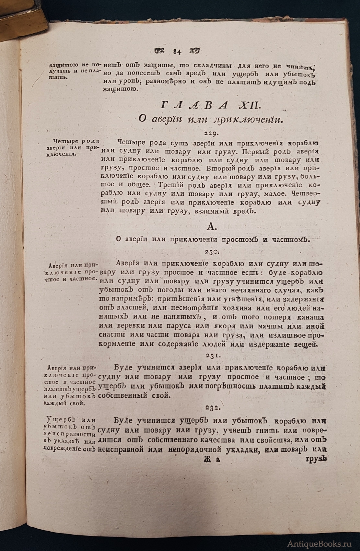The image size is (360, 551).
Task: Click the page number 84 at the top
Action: pyautogui.click(x=177, y=51)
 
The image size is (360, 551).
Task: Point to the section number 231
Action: pyautogui.click(x=213, y=356)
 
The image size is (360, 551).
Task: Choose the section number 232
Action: pyautogui.click(x=213, y=408)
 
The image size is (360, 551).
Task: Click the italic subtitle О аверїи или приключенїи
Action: pyautogui.click(x=211, y=119)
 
